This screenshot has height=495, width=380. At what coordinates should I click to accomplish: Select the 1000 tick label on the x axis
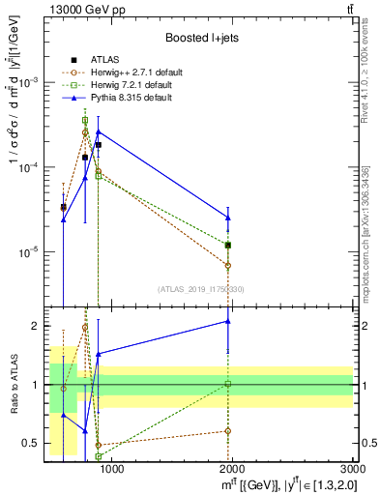pos(112,469)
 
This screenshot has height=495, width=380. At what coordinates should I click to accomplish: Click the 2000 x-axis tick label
pos(233,469)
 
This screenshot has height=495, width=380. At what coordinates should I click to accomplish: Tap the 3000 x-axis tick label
pos(353,469)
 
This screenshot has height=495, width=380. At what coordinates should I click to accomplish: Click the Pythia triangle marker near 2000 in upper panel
pos(228,218)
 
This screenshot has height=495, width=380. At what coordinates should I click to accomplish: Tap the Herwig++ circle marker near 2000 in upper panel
pos(228,265)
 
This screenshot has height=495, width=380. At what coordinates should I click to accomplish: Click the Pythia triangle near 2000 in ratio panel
pos(228,321)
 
